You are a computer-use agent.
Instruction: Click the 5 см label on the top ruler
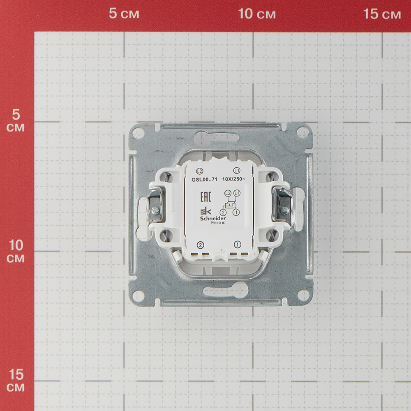click(124, 14)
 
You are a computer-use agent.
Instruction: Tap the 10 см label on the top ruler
click(257, 14)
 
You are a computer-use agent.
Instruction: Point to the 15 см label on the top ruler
click(382, 14)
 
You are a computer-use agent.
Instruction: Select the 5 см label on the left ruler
click(16, 120)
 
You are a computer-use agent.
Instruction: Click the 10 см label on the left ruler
click(16, 251)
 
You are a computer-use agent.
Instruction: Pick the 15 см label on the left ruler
click(16, 380)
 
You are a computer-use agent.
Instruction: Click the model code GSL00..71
click(204, 180)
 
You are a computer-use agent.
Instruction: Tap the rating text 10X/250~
click(234, 179)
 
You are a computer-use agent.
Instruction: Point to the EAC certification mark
click(206, 196)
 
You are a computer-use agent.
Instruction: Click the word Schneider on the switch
click(213, 218)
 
